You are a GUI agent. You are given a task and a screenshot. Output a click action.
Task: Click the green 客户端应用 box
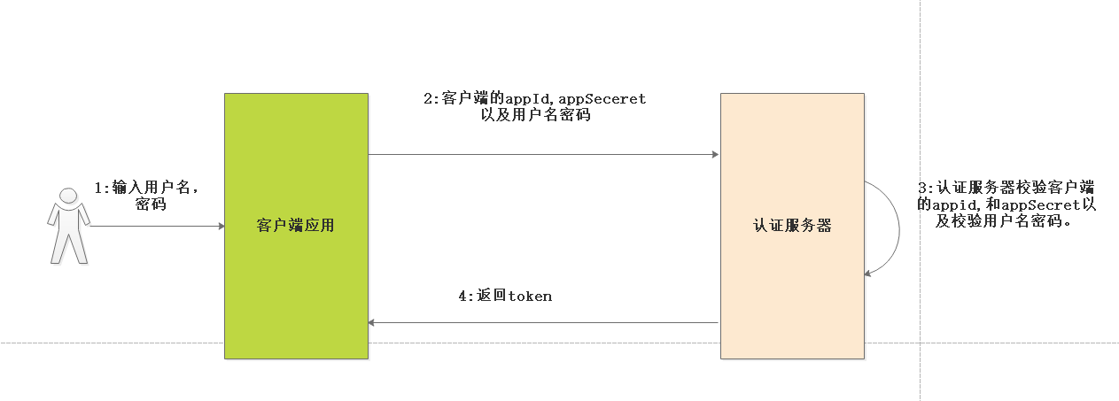[x=296, y=274]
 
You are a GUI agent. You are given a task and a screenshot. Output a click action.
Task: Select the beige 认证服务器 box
[x=792, y=283]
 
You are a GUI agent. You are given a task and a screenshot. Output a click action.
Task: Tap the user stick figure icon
[x=68, y=226]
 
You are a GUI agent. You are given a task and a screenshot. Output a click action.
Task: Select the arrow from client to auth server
[x=540, y=155]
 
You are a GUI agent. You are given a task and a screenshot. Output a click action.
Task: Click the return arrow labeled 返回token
[x=540, y=323]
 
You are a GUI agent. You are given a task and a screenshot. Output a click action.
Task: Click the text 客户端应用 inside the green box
[x=296, y=226]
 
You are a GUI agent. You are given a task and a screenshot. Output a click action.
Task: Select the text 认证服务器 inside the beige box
[x=792, y=226]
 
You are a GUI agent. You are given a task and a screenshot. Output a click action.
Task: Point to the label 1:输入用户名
[x=145, y=188]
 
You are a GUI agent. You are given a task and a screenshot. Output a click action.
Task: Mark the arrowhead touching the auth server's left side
[x=714, y=155]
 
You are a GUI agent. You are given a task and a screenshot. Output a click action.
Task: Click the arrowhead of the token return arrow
[x=373, y=323]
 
